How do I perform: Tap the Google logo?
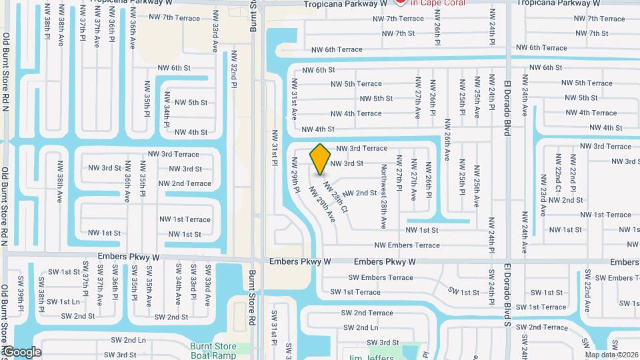[21, 352]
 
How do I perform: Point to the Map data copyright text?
[611, 354]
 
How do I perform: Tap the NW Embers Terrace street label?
[407, 245]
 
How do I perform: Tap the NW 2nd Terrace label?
[185, 183]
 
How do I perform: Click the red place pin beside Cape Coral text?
[401, 2]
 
